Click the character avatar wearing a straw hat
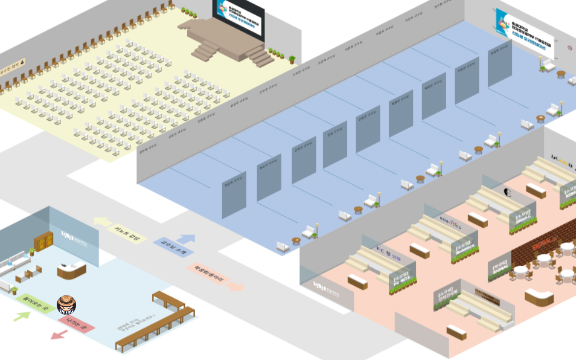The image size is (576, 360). click(x=66, y=304)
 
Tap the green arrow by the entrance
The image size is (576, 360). click(x=22, y=315)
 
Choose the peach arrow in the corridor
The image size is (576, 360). click(x=235, y=284)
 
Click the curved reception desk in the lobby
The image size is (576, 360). click(x=72, y=270)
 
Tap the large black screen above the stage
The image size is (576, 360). click(x=238, y=19)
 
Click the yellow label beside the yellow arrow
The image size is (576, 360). click(x=127, y=233)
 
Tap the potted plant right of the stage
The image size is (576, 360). click(x=292, y=59)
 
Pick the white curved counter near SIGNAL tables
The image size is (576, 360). click(x=539, y=297)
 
